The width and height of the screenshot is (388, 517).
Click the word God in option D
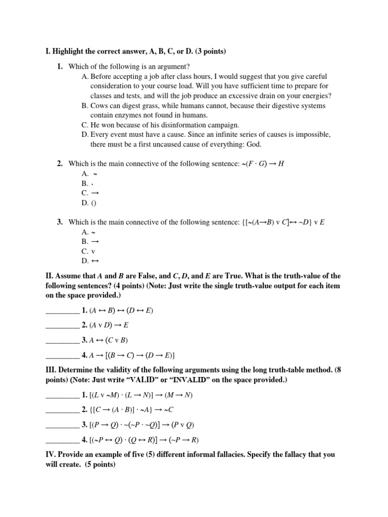tap(254, 144)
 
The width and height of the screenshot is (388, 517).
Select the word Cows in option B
tap(100, 106)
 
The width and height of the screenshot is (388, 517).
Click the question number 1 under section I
tap(60, 67)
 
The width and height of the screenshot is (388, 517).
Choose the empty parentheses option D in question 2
tap(93, 202)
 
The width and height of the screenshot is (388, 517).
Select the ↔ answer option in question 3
tap(93, 261)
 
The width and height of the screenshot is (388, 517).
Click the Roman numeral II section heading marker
tap(48, 276)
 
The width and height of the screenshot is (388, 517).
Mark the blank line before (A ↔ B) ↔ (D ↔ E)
tap(62, 311)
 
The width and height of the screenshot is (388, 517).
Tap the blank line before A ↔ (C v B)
tap(62, 340)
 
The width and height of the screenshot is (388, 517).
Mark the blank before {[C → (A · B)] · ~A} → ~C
tap(62, 409)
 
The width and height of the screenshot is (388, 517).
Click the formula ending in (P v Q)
tap(141, 424)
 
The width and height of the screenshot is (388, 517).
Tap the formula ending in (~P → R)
tap(144, 439)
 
